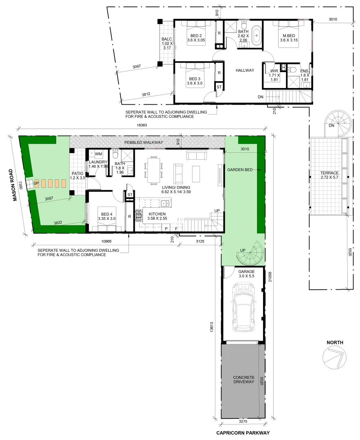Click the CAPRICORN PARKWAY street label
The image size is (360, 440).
click(x=243, y=433)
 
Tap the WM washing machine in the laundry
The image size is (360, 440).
click(x=99, y=154)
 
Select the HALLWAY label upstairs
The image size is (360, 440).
click(x=245, y=70)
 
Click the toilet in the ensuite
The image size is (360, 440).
click(x=292, y=69)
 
